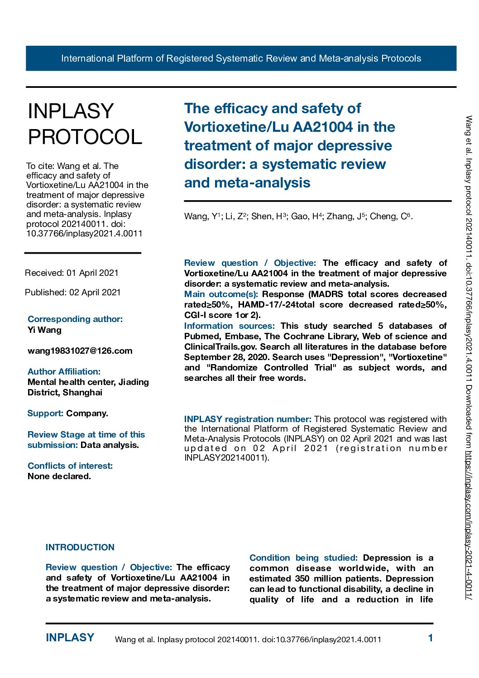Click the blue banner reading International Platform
(241, 58)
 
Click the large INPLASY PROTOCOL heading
(85, 124)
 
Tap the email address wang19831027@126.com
(80, 351)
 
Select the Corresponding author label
(75, 319)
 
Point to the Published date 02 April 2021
(72, 292)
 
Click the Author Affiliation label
(64, 371)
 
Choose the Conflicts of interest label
(70, 466)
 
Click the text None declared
(59, 476)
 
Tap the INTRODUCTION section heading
(80, 547)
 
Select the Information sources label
(229, 326)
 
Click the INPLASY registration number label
(247, 419)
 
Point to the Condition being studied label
(303, 558)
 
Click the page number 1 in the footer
(430, 638)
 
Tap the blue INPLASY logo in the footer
(70, 638)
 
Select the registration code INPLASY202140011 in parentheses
(225, 457)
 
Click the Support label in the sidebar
(45, 413)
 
